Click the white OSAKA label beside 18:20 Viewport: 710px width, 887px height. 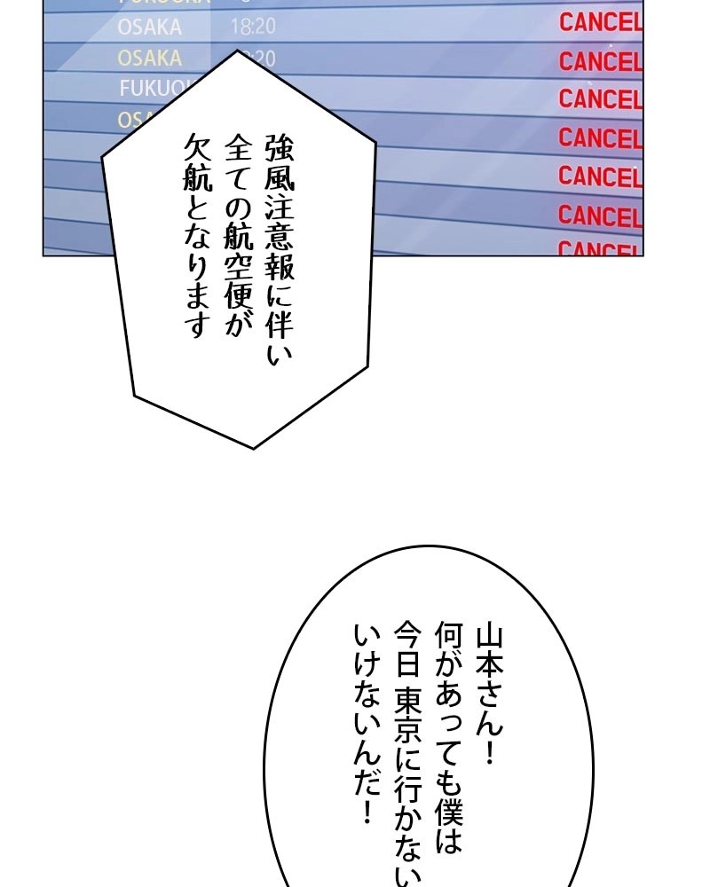149,27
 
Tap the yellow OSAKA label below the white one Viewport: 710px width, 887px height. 149,59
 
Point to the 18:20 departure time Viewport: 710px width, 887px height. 253,27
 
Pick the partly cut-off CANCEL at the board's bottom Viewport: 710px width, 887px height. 600,248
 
